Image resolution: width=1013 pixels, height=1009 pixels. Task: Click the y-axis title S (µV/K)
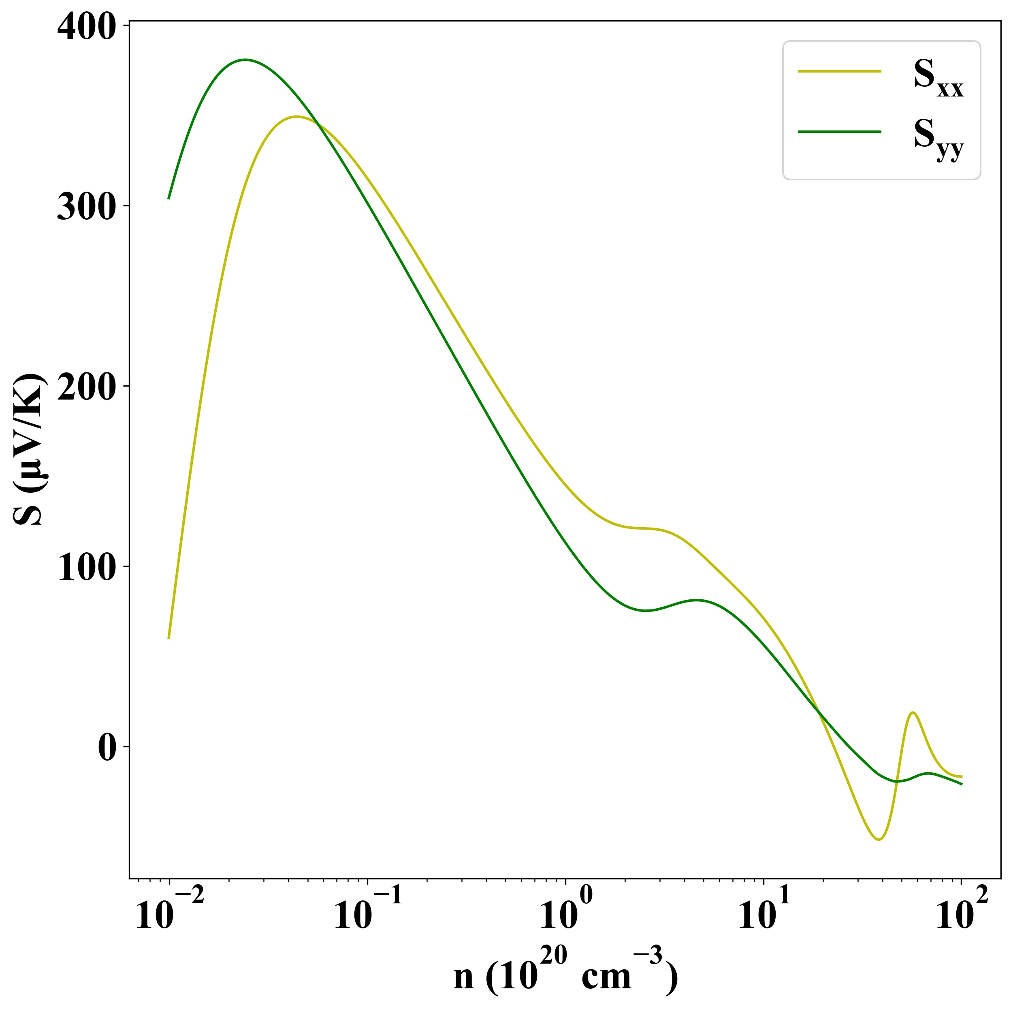click(x=29, y=450)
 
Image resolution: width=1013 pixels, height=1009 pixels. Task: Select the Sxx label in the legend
click(x=938, y=79)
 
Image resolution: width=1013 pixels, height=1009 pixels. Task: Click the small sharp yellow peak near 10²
click(x=913, y=712)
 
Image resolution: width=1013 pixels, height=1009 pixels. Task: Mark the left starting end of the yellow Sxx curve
click(x=168, y=638)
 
